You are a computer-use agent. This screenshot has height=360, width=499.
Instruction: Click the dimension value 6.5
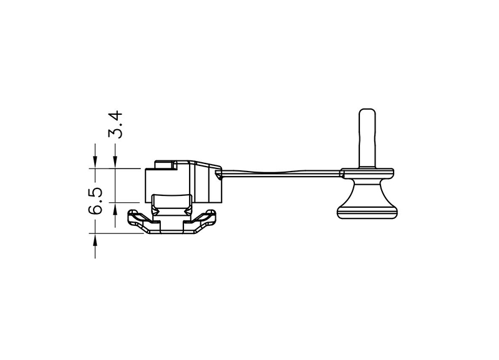point(95,200)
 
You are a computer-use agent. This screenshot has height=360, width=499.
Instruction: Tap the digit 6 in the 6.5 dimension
point(95,208)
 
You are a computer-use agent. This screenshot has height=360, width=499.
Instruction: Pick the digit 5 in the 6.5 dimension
point(95,192)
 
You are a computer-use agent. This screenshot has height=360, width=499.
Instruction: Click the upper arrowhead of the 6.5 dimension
point(95,162)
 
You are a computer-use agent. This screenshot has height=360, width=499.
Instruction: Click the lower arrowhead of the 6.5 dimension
point(95,240)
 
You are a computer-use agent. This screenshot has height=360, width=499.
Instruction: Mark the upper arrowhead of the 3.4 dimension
point(115,162)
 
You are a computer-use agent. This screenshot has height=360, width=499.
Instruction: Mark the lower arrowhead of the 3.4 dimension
point(115,208)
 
